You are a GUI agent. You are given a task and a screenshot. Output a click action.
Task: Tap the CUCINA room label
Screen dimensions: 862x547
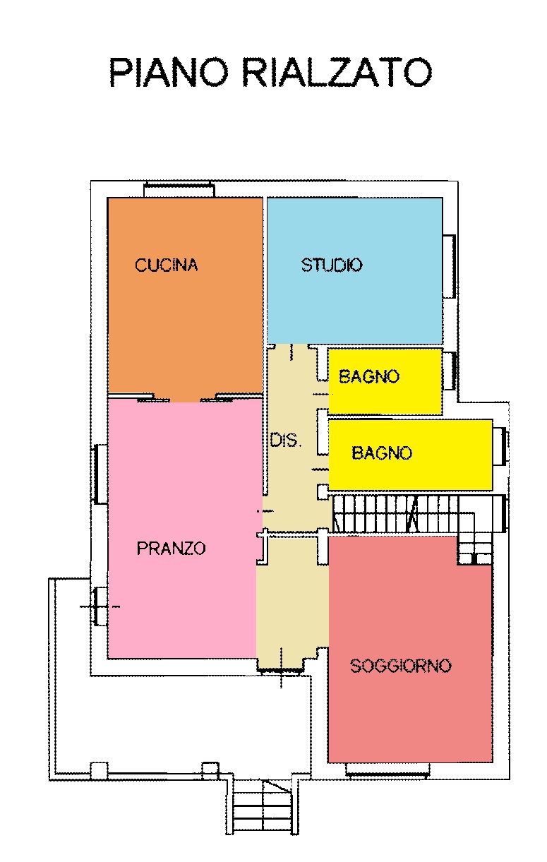point(167,265)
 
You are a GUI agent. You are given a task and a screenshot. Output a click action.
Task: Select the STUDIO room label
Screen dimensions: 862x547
point(332,265)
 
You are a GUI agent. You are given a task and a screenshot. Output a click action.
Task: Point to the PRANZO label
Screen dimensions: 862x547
point(172,548)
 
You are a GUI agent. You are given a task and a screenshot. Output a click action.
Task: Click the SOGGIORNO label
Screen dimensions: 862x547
point(401,666)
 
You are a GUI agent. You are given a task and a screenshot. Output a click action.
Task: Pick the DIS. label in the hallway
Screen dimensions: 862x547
point(286,441)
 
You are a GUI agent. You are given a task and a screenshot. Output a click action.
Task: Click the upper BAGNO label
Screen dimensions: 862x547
point(369,376)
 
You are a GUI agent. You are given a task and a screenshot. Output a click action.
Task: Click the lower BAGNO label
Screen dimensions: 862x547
point(382,453)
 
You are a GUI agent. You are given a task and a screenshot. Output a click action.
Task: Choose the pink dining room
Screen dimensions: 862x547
point(181,600)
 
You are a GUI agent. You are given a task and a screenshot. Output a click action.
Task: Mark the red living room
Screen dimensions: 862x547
point(410,713)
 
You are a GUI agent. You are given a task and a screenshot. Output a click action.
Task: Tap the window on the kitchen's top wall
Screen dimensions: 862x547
point(179,189)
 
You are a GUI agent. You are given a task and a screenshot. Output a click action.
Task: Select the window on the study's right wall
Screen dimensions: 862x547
point(449,266)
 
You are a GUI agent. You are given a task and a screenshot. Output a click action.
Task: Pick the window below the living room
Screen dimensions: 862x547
point(387,769)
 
